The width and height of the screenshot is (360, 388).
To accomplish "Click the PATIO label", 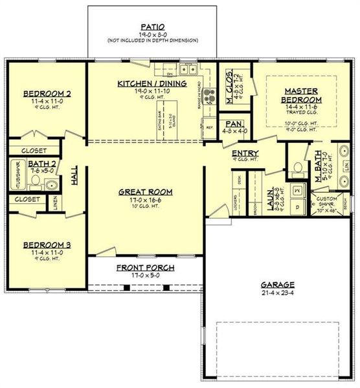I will [x=153, y=27].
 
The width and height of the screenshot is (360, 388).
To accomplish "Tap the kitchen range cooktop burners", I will [x=209, y=96].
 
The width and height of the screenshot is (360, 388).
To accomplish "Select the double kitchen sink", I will [x=190, y=69].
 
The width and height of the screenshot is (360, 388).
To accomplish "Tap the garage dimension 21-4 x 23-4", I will [x=278, y=292].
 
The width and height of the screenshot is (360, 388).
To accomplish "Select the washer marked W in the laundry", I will [x=297, y=191].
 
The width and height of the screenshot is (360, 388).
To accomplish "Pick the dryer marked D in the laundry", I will [x=297, y=206].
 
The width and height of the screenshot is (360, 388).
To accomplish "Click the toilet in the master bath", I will [x=298, y=167].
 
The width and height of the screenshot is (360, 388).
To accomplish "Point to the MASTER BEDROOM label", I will [x=301, y=96].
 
